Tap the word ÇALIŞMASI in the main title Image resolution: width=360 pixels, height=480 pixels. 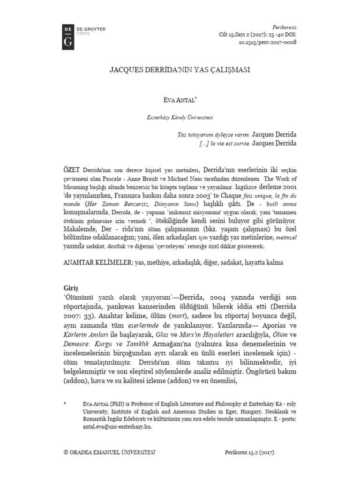coord(230,70)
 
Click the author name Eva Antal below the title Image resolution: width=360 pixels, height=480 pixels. coord(180,99)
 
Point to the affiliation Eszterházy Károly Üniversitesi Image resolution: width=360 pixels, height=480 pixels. coord(180,118)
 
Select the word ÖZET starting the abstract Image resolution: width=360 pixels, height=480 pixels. coord(72,169)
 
